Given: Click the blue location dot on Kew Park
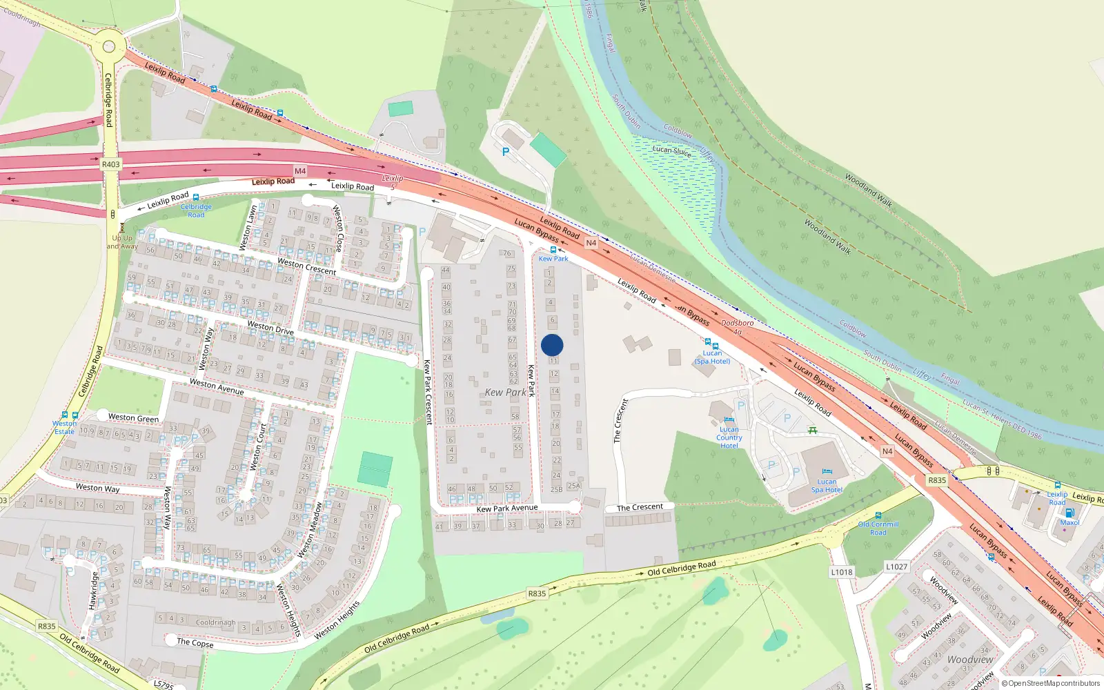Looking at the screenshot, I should tap(552, 345).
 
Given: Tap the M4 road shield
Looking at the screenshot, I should tap(299, 170).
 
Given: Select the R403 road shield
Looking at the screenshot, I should tap(110, 164).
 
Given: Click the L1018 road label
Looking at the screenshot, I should tap(841, 572).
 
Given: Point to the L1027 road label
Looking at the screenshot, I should tap(896, 566).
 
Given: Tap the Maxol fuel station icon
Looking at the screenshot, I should tap(1069, 513).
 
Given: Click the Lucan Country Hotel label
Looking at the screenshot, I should tap(729, 437).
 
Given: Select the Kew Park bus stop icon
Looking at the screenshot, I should tap(553, 250).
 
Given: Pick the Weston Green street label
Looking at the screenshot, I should tap(133, 417).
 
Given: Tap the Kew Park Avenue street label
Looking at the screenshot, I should tap(506, 508).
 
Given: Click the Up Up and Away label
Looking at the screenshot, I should tap(122, 242).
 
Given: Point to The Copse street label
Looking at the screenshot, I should tap(195, 642).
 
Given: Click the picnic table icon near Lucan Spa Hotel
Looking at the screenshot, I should tap(812, 431).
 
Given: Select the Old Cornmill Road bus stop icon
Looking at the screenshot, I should tap(878, 515).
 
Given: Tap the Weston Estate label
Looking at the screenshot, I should tap(64, 428).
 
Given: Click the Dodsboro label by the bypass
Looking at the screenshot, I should tap(737, 323).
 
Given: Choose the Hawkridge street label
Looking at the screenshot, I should tap(94, 590).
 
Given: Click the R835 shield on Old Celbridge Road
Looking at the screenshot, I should tap(537, 593).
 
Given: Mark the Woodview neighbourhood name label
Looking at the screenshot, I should tap(970, 660).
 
